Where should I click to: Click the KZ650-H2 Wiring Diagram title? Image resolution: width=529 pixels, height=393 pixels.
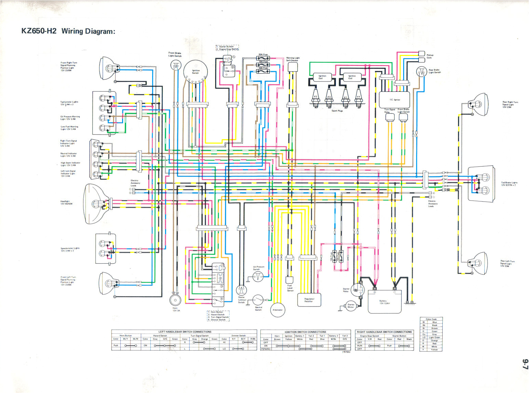68,31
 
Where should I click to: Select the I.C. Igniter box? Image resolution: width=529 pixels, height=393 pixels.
395,100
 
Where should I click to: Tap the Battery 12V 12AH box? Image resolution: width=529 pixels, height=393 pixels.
385,302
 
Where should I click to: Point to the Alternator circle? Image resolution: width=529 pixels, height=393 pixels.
278,310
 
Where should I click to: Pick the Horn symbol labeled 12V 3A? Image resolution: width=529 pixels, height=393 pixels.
175,300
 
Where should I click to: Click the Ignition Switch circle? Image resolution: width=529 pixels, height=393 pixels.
195,71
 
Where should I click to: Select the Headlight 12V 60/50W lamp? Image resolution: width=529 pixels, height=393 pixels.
97,204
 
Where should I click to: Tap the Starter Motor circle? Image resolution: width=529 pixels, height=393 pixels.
351,306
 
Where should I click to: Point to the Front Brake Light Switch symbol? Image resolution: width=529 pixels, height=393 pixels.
176,66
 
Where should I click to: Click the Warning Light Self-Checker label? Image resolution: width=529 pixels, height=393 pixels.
292,59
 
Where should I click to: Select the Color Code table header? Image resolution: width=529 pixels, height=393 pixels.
431,319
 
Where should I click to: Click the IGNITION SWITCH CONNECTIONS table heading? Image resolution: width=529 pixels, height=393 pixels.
305,332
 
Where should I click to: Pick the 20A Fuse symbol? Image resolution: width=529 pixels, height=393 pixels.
263,58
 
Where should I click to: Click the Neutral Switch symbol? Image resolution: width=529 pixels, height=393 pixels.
258,301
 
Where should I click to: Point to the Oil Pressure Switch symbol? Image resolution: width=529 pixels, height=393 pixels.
258,277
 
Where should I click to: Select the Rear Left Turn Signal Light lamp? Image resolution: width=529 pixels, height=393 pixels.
477,263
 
